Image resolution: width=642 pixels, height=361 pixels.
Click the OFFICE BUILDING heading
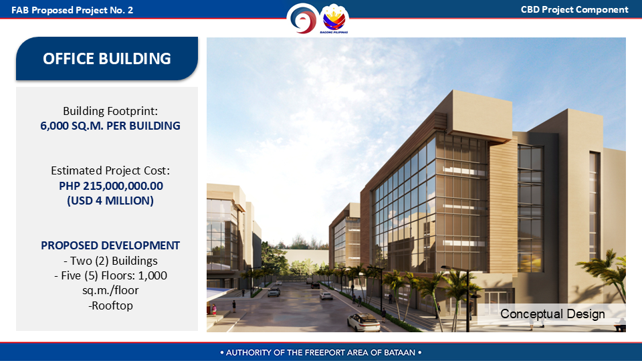click(x=107, y=59)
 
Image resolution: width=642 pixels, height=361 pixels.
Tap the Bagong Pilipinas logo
click(x=334, y=19)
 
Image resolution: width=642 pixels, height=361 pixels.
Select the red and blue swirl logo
click(x=302, y=19)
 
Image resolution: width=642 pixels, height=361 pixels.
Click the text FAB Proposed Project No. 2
click(x=72, y=10)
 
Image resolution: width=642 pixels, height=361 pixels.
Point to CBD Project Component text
click(x=574, y=10)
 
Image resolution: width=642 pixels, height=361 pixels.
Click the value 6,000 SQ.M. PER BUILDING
click(x=110, y=126)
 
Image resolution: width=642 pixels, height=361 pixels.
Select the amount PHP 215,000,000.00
click(x=111, y=186)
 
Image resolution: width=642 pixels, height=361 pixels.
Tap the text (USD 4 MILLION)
click(x=110, y=201)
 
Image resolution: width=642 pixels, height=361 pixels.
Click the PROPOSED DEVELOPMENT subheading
click(x=110, y=245)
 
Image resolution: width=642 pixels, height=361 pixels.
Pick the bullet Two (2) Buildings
click(x=110, y=261)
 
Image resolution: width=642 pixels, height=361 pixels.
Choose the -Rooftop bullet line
click(x=110, y=306)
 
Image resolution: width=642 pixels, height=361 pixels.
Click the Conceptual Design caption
click(x=552, y=314)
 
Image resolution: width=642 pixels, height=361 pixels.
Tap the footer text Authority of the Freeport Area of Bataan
click(x=320, y=352)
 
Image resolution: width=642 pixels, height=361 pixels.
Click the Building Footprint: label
click(x=110, y=111)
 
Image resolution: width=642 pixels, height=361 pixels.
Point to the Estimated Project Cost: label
click(x=110, y=170)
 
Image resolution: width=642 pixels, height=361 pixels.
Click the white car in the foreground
click(x=364, y=322)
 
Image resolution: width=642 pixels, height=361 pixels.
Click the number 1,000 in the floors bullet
click(x=152, y=275)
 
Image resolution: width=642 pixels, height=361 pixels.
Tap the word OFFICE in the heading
click(x=69, y=59)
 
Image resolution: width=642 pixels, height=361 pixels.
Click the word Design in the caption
click(x=586, y=314)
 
